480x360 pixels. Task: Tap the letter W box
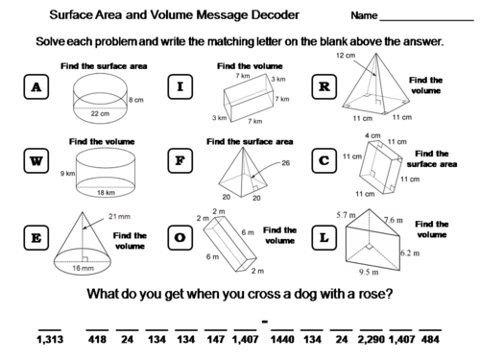coord(36,161)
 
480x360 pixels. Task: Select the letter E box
coord(36,234)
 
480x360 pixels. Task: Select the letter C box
coord(324,161)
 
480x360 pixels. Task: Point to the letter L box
coord(324,234)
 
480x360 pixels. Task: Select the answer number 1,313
coord(48,339)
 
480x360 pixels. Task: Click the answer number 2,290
coord(368,339)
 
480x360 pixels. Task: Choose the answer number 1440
coord(280,339)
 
